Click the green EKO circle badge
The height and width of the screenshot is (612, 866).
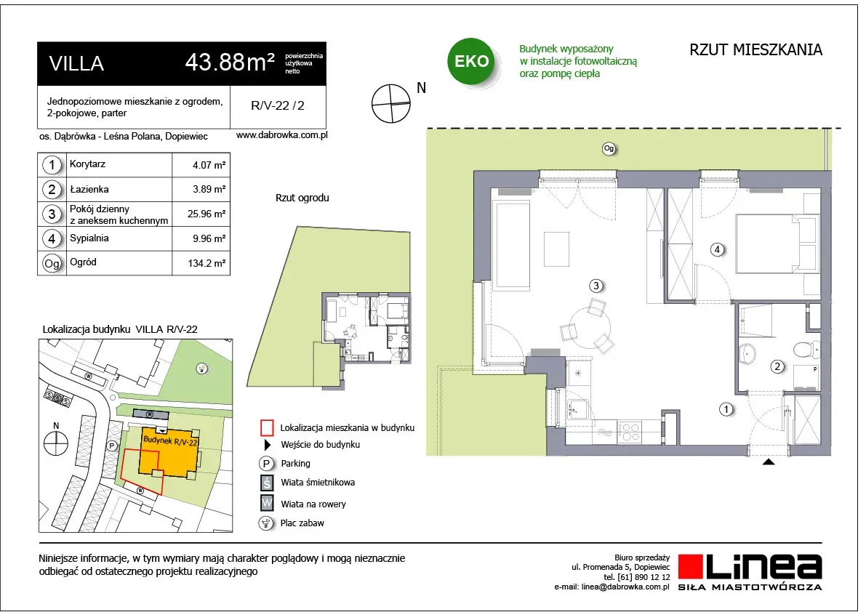pyautogui.click(x=472, y=61)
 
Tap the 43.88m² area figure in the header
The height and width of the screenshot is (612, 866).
pyautogui.click(x=230, y=62)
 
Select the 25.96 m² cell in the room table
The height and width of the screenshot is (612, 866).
pyautogui.click(x=206, y=214)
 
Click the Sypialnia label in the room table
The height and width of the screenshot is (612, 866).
pyautogui.click(x=89, y=238)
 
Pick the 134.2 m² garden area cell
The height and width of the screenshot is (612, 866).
pyautogui.click(x=207, y=263)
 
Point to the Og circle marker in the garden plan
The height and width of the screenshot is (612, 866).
pyautogui.click(x=609, y=148)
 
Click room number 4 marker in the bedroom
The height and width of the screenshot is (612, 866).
pyautogui.click(x=717, y=249)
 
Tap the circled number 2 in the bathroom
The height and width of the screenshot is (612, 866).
pyautogui.click(x=777, y=366)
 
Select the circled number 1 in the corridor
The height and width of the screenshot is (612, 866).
pyautogui.click(x=726, y=409)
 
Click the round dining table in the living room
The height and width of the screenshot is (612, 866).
pyautogui.click(x=590, y=326)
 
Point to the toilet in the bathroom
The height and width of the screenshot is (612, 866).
pyautogui.click(x=807, y=349)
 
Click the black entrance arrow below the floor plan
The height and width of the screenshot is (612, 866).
pyautogui.click(x=769, y=462)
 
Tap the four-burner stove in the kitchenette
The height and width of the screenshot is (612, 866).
pyautogui.click(x=629, y=432)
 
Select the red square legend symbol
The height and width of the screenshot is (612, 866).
pyautogui.click(x=267, y=427)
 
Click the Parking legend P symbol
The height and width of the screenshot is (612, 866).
pyautogui.click(x=267, y=464)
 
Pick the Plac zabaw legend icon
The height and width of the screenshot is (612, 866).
pyautogui.click(x=267, y=523)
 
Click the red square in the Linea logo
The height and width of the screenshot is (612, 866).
pyautogui.click(x=690, y=567)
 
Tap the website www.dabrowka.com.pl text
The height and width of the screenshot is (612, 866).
pyautogui.click(x=281, y=135)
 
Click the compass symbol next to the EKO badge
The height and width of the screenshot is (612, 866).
pyautogui.click(x=391, y=103)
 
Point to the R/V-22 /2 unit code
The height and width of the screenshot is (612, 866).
pyautogui.click(x=277, y=105)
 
